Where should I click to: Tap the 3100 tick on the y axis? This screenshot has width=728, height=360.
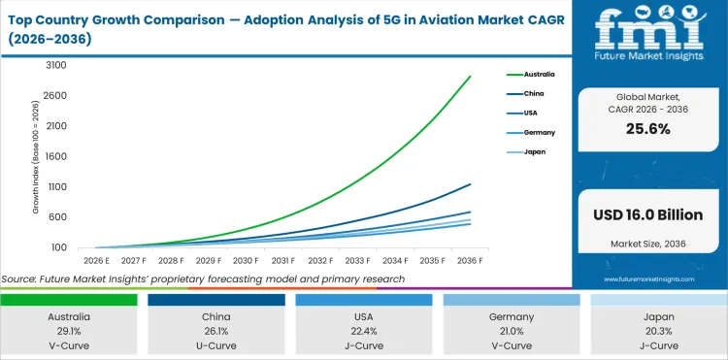coord(55,65)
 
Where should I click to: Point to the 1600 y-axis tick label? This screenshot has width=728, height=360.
coord(55,156)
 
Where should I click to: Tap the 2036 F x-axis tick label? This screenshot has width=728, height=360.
coord(471,261)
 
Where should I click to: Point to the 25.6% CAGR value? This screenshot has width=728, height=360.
coord(648,128)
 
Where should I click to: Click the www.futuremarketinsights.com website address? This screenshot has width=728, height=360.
coord(648,278)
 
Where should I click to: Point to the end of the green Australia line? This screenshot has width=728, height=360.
coord(471,77)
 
